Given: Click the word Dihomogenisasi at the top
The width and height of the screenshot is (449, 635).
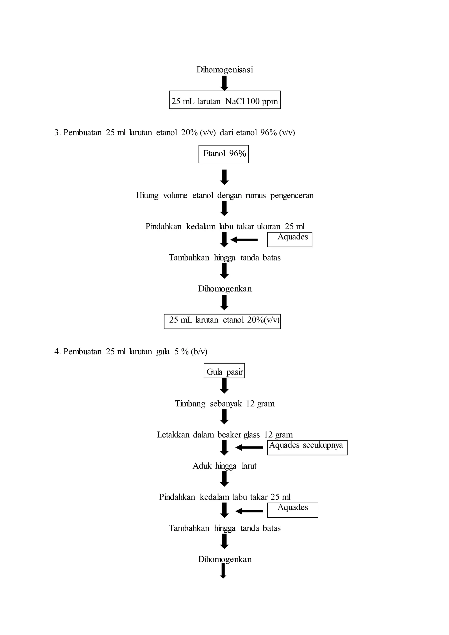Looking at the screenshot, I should [224, 70].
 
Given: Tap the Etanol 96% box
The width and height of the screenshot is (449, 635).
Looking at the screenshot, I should [223, 154].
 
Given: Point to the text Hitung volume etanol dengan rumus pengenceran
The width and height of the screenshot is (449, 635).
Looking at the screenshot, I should [224, 196].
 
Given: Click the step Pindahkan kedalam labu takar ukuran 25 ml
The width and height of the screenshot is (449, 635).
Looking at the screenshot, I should [225, 227].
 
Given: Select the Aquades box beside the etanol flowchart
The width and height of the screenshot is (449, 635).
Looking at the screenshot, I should [289, 239].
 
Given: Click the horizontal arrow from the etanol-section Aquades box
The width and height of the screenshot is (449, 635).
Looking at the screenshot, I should [244, 240].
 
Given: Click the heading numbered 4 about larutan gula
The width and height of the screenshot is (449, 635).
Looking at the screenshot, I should [130, 351].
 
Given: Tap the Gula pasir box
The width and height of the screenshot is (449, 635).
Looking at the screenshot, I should [224, 371].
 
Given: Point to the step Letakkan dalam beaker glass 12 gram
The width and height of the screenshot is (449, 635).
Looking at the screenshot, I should [224, 435].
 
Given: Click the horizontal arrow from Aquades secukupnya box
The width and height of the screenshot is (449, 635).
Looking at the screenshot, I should [249, 448].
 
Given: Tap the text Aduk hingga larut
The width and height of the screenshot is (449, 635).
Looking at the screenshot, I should [224, 466].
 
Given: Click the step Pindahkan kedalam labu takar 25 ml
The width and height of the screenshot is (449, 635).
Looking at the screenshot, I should [224, 497].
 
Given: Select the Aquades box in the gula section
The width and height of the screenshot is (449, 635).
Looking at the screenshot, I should [292, 510].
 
